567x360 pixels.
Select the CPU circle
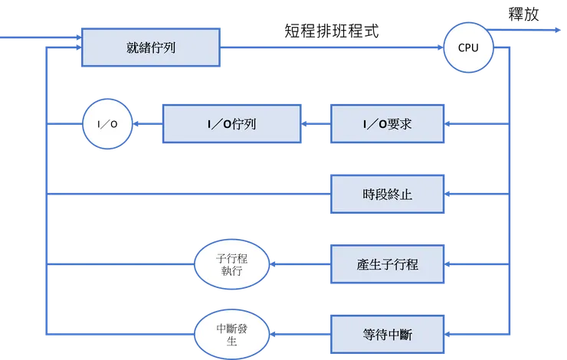468,47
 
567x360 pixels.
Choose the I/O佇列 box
231,123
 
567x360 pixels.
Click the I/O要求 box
387,123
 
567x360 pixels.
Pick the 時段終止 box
387,194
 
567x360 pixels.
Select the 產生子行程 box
387,264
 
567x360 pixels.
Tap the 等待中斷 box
387,335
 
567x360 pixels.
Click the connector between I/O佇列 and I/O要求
315,123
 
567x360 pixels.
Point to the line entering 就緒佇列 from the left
38,36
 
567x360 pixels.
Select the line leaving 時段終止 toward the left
192,194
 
